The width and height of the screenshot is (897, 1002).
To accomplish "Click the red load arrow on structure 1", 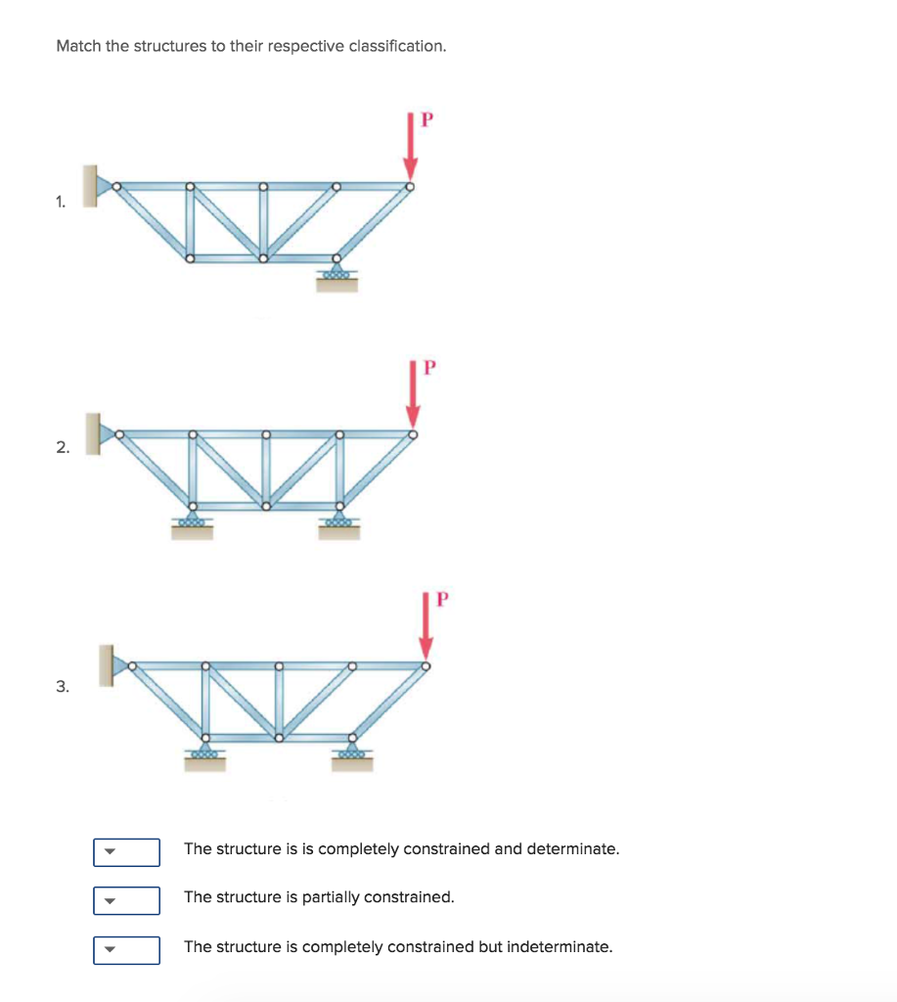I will click(411, 147).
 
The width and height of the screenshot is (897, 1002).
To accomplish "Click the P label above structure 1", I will click(426, 120).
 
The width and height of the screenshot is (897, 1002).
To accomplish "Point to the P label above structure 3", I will click(441, 599).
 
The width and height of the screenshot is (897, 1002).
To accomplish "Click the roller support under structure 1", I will click(336, 277).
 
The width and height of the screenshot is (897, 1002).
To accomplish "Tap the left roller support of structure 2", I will click(192, 524).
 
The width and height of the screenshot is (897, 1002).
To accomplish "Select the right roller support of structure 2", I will click(339, 524).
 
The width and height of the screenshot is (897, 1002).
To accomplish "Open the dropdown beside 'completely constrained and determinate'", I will click(126, 852).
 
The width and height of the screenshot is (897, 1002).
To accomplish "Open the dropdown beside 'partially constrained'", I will click(126, 900).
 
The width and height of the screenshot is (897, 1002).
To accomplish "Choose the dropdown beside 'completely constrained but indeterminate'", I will click(126, 950).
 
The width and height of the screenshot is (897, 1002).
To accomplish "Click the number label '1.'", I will click(62, 203).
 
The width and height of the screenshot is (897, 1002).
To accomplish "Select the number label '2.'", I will click(63, 448).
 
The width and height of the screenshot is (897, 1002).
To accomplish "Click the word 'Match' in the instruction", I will click(79, 46).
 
